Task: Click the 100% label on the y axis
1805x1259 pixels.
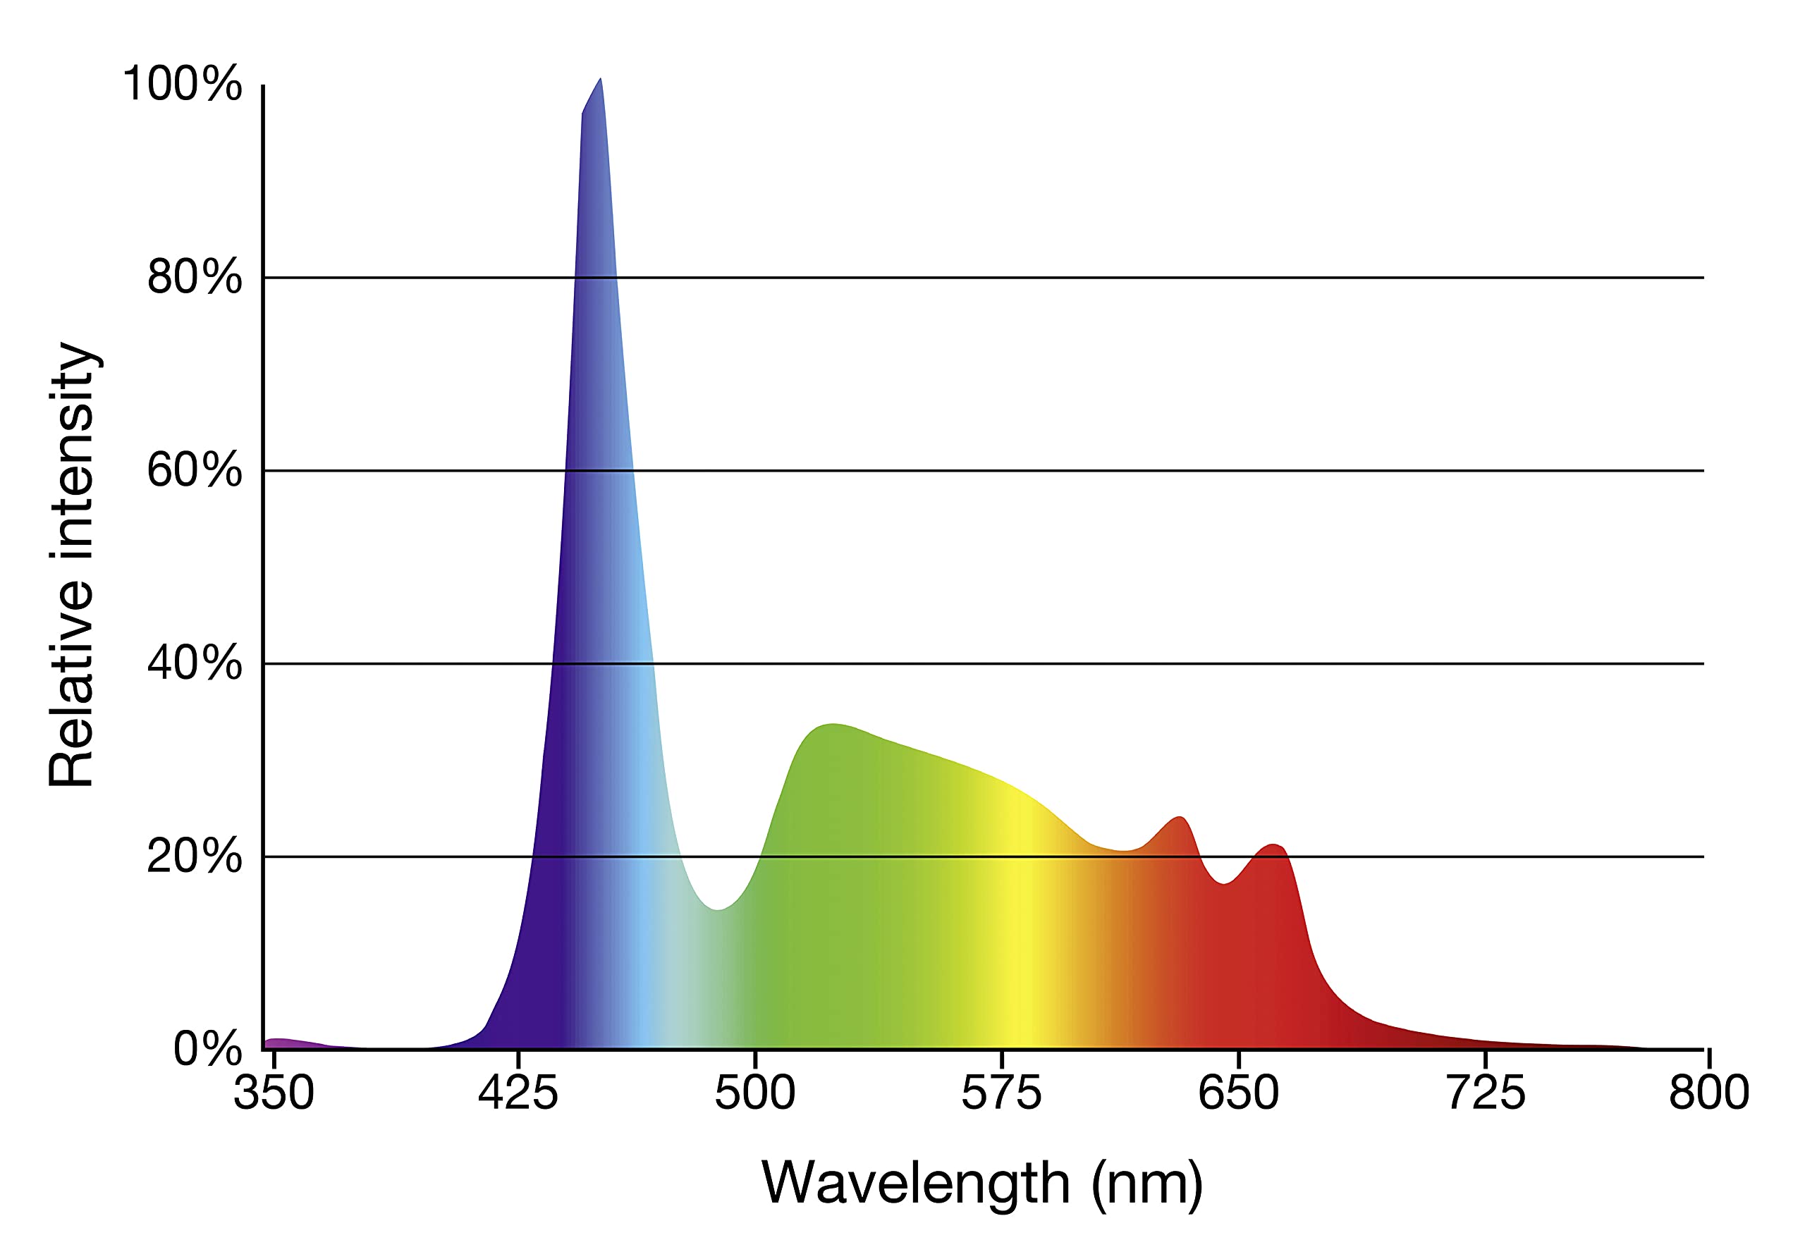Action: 183,83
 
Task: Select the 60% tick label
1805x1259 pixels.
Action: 194,470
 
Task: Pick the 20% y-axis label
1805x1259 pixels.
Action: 194,856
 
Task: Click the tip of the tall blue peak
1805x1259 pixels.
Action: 601,80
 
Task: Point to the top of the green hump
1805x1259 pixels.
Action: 832,725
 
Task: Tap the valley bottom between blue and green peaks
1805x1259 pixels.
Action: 718,909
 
